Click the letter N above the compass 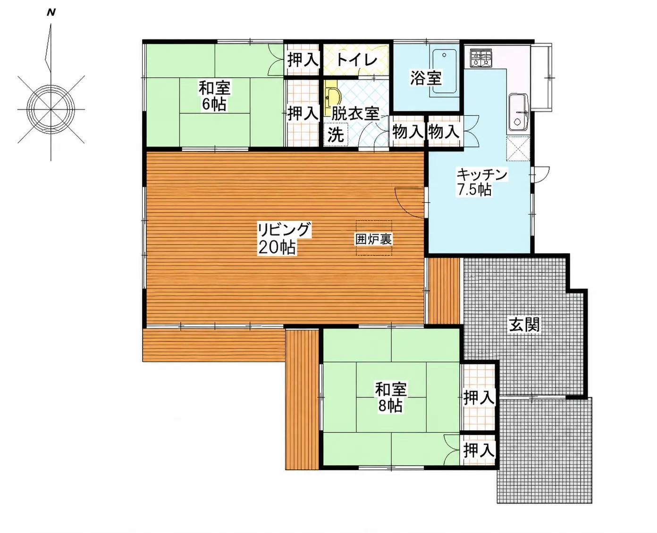[x=51, y=13]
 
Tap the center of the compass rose [x=51, y=109]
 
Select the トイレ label [x=356, y=60]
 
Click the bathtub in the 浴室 [x=444, y=71]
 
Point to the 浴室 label [x=426, y=78]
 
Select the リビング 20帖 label [x=284, y=238]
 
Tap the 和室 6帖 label [x=214, y=96]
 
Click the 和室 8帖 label [x=391, y=397]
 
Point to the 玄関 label [x=524, y=325]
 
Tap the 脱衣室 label [x=355, y=114]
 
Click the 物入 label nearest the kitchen [x=444, y=132]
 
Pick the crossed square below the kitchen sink [x=518, y=149]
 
